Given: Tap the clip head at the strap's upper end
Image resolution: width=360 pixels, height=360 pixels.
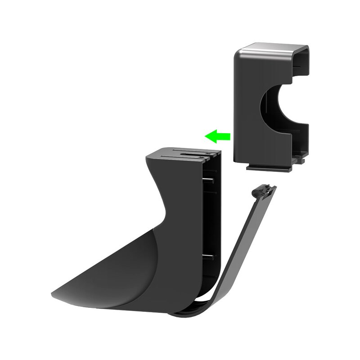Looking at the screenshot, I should point(265,191).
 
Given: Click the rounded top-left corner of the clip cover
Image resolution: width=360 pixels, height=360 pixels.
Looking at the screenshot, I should point(238,52).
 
